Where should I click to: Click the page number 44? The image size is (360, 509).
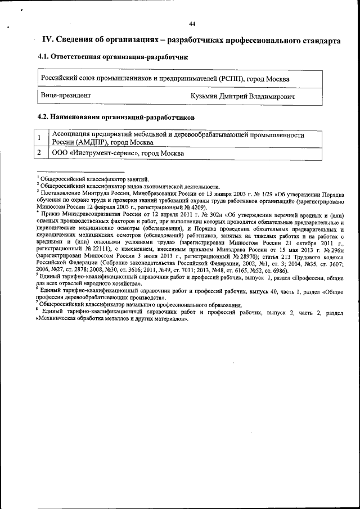(x=192, y=24)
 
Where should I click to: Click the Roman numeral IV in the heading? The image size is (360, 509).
(x=48, y=40)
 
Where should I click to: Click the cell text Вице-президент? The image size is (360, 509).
(x=65, y=96)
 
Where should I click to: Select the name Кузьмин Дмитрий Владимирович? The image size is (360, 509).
(x=243, y=97)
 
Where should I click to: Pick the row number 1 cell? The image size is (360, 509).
(x=40, y=138)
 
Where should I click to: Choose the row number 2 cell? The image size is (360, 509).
(x=40, y=152)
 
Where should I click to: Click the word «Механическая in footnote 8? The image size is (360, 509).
(x=57, y=318)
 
